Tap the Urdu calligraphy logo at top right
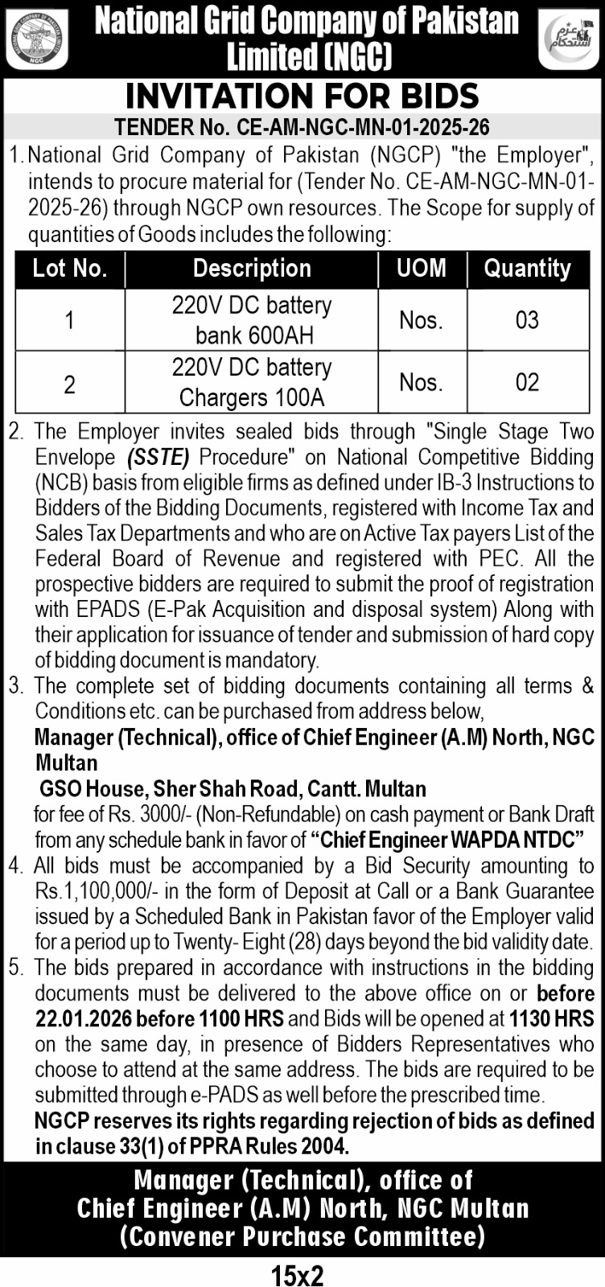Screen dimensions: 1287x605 point(568,39)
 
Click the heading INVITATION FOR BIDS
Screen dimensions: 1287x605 point(302,97)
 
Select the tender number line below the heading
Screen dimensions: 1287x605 point(302,127)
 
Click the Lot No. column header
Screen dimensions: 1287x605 point(70,269)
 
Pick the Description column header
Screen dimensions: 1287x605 point(252,269)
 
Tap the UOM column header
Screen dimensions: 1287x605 point(422,269)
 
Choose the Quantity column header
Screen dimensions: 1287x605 point(528,269)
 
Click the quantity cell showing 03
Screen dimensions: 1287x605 point(528,320)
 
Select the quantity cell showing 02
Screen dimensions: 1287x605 point(528,382)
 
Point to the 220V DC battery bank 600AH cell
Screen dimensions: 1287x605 point(252,320)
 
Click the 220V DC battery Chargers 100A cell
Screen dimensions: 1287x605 point(252,382)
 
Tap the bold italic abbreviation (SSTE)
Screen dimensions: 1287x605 point(158,458)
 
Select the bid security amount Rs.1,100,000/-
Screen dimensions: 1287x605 point(89,891)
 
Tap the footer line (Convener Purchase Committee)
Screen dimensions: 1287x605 point(302,1236)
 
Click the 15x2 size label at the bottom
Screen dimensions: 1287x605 point(298,1274)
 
